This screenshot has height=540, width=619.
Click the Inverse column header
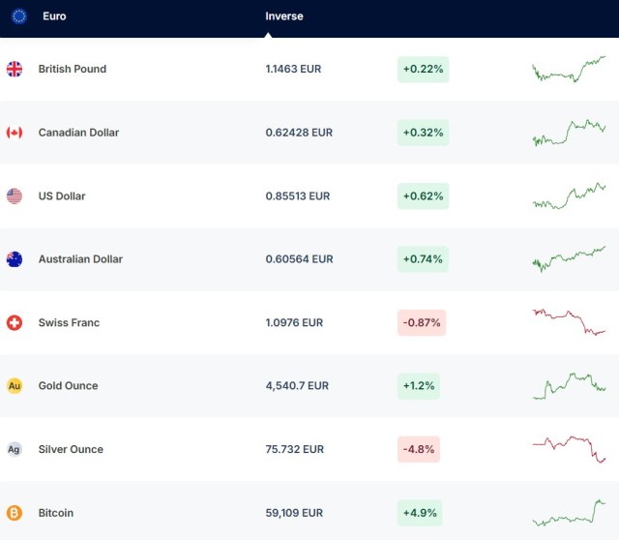[x=283, y=16]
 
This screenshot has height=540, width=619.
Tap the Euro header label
[x=54, y=16]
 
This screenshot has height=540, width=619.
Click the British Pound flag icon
[x=15, y=69]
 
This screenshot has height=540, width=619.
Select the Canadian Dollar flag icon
[x=15, y=133]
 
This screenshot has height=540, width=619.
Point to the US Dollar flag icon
[x=15, y=196]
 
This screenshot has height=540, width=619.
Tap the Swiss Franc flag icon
[x=15, y=322]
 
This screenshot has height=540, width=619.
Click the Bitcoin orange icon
[x=15, y=513]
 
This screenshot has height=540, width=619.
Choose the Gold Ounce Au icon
[x=15, y=386]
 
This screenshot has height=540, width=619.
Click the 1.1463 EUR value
[x=293, y=70]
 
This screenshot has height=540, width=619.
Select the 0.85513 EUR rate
[x=298, y=196]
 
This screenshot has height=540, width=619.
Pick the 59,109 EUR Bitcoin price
[x=294, y=513]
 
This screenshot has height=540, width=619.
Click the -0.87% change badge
[x=422, y=323]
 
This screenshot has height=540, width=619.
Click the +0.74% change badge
[x=422, y=259]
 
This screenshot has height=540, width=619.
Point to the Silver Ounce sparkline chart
[x=569, y=449]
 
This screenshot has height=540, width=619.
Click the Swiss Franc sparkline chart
[x=569, y=321]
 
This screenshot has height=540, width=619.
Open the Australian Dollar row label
[x=80, y=259]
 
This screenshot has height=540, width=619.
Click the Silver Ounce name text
[x=71, y=450]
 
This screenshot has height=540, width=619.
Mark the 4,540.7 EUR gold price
[x=297, y=386]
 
